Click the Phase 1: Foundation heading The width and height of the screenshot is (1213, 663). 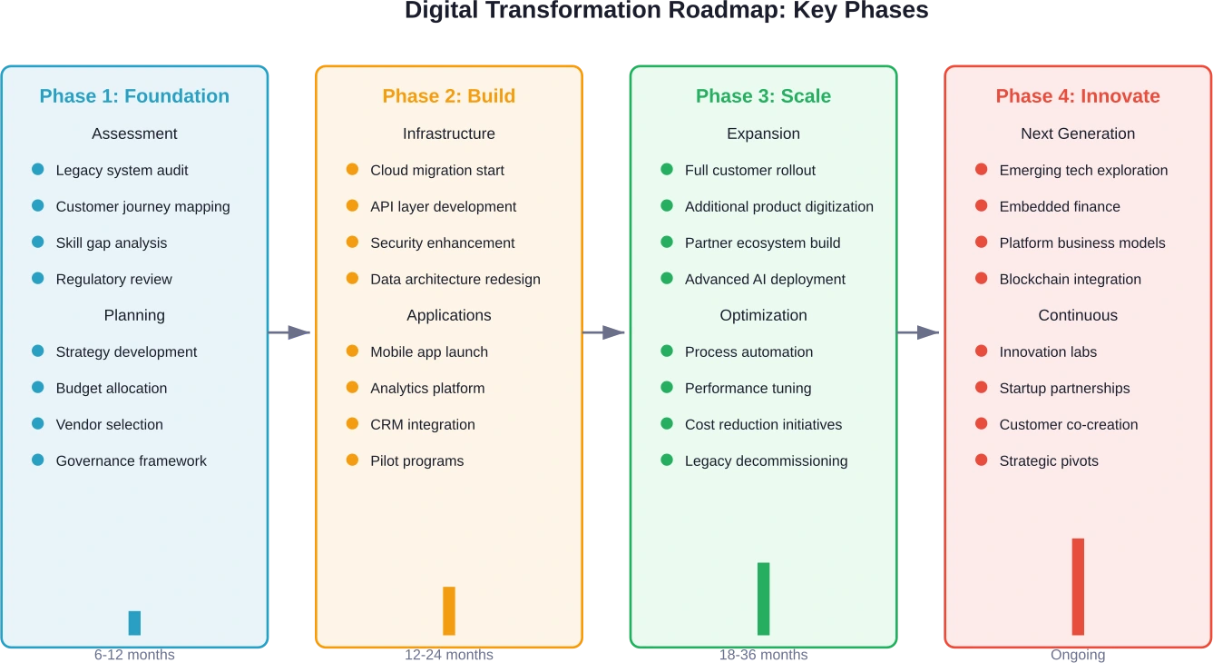tap(134, 96)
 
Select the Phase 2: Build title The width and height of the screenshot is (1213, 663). tap(448, 96)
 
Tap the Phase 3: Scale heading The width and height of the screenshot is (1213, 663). tap(763, 96)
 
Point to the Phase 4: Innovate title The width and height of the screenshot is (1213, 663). tap(1078, 96)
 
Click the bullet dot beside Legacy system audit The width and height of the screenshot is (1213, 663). tap(37, 169)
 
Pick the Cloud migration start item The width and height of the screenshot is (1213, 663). tap(436, 170)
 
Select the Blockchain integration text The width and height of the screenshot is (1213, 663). tap(1070, 279)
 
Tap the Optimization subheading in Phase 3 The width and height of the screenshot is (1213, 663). tap(763, 315)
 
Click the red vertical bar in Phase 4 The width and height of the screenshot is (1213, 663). tap(1078, 586)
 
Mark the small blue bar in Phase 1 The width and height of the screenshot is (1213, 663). tap(134, 622)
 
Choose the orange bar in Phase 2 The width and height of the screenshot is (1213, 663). tap(448, 610)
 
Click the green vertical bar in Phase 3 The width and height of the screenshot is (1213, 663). tap(763, 598)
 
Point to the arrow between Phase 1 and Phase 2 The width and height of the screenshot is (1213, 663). tap(291, 331)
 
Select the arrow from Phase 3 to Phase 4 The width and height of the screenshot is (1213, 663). tap(921, 331)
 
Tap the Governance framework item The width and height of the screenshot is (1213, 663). tap(131, 460)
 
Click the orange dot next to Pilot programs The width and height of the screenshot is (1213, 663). tap(352, 460)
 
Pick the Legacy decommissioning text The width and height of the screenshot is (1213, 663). tap(766, 460)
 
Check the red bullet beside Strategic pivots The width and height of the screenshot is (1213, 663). tap(981, 460)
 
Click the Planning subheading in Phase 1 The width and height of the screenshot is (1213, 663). tap(134, 315)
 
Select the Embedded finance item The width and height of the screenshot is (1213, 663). tap(1059, 206)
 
